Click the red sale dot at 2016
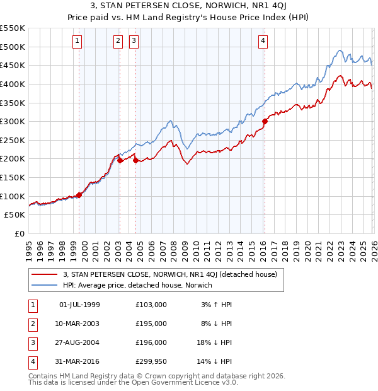pyautogui.click(x=265, y=122)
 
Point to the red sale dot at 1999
pyautogui.click(x=79, y=195)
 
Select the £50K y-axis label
pyautogui.click(x=15, y=215)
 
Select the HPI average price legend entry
pyautogui.click(x=137, y=285)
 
